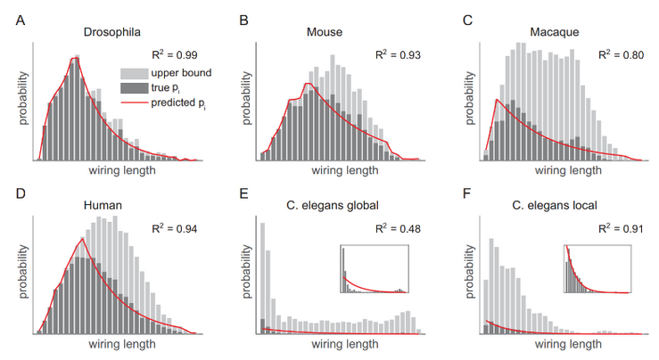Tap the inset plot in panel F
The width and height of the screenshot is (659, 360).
(597, 269)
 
